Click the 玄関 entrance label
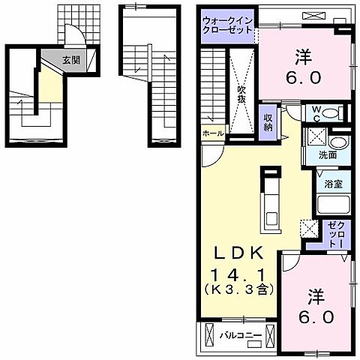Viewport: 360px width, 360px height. coord(71,60)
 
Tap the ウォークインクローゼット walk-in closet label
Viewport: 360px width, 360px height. coord(227,25)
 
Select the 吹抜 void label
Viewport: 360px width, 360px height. coord(241,94)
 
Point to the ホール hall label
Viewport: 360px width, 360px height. coord(213,133)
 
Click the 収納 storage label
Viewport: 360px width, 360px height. coord(268,123)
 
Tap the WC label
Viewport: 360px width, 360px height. coord(316,114)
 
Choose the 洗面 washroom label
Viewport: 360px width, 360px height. coord(328,155)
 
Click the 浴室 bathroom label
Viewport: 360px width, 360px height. coord(333,184)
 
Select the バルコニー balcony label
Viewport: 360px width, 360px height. coord(241,335)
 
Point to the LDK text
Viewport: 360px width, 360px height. coord(238,253)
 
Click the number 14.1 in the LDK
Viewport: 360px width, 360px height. coord(238,275)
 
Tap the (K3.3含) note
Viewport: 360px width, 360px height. coord(238,289)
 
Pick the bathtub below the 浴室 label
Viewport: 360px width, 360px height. coord(333,204)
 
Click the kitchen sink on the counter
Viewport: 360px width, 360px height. coord(271,218)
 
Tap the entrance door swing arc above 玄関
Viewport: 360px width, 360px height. coord(74,28)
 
